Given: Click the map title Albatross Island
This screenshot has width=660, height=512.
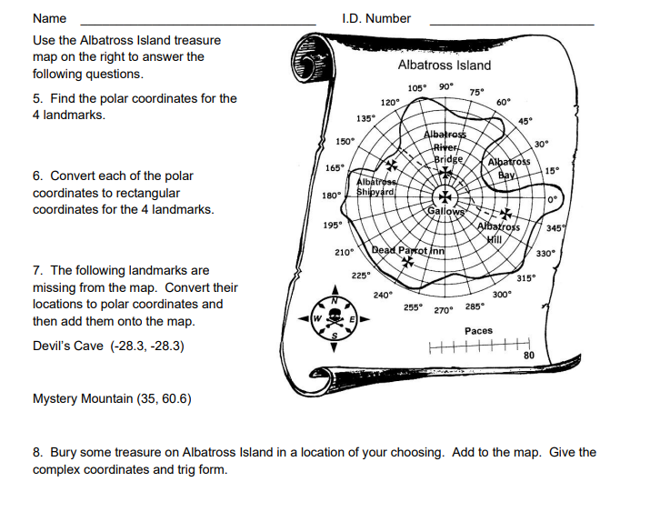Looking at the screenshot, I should [444, 65].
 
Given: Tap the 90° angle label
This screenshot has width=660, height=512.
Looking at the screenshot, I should [445, 87].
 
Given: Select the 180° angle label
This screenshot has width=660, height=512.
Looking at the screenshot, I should [330, 195].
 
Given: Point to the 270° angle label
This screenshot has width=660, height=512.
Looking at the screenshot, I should [443, 310].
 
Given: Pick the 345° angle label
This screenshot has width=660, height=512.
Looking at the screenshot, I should [556, 228].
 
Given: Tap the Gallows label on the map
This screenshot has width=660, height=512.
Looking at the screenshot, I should [446, 211].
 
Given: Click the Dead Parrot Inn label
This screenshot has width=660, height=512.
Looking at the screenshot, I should [408, 250].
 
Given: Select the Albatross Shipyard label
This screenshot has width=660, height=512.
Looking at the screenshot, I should [375, 186].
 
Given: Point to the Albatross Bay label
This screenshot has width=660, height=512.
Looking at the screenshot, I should [509, 167].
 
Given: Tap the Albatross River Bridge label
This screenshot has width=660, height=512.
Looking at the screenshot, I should [445, 147].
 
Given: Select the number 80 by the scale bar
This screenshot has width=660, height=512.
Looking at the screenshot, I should [529, 355].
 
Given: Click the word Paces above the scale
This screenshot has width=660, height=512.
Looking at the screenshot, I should [478, 331].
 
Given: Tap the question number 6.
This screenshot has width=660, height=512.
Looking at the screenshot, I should [37, 176].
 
